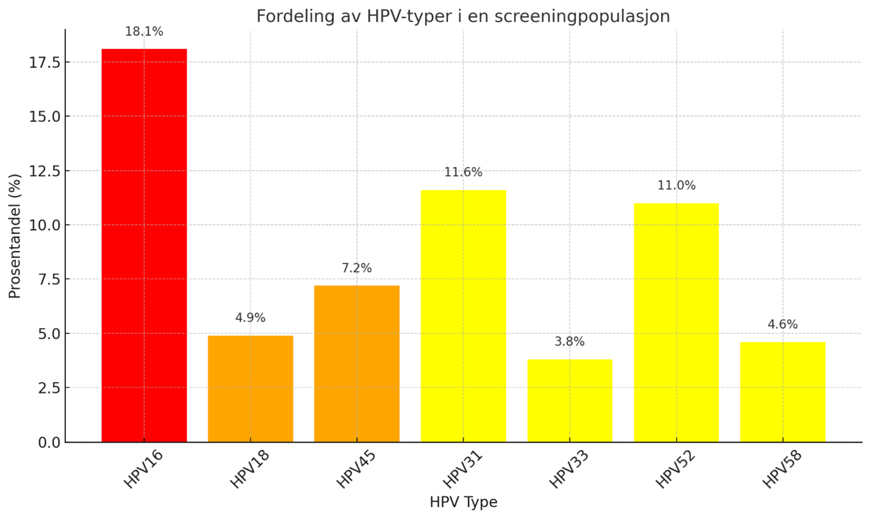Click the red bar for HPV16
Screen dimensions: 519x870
click(144, 245)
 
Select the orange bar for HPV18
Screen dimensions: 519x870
click(250, 388)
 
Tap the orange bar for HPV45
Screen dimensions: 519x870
click(357, 363)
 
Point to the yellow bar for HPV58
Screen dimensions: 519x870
click(783, 392)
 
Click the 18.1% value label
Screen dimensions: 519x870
click(144, 32)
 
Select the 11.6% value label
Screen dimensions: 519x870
click(463, 173)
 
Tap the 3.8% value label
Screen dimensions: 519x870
click(569, 342)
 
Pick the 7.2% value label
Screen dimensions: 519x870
click(357, 269)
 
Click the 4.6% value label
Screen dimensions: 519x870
click(783, 325)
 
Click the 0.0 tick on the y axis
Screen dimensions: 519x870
click(48, 442)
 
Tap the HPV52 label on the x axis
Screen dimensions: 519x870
click(675, 469)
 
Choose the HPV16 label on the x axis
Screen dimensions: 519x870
click(144, 469)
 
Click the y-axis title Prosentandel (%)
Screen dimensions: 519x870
click(15, 236)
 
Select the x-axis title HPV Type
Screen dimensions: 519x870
click(463, 503)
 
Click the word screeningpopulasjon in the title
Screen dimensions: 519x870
click(582, 16)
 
